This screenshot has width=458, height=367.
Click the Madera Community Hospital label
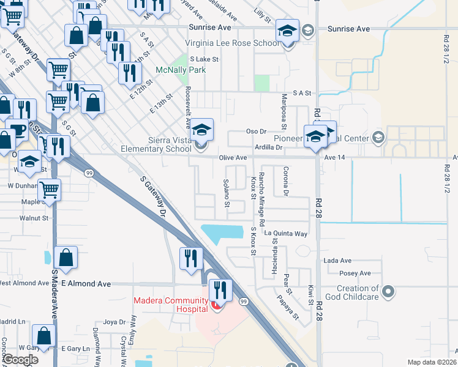coord(171,304)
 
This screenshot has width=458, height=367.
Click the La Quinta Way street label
coord(285,233)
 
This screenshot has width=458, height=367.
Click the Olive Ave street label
coord(233,158)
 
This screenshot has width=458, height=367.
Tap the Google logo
coord(21,359)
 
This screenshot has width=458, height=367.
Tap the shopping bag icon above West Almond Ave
coord(66,258)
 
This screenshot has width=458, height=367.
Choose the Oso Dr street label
coord(257,132)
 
